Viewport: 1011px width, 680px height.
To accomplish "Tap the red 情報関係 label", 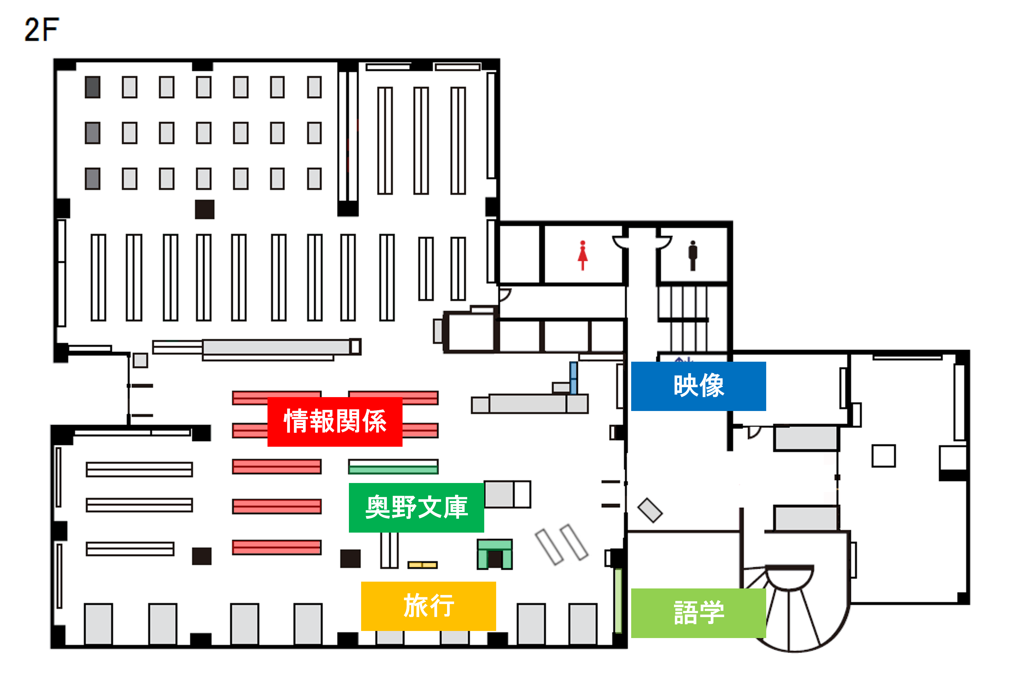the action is click(334, 421).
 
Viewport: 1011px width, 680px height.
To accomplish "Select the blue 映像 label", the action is click(698, 386).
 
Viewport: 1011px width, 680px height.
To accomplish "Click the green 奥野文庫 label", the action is click(416, 507).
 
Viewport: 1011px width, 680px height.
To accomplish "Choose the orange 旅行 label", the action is click(428, 606).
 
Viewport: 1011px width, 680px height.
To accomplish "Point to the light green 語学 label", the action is click(698, 613).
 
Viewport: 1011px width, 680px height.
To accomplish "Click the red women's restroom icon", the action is click(582, 255).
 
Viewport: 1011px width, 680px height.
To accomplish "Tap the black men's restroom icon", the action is click(692, 255).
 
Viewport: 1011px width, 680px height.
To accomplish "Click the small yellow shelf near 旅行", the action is click(422, 565).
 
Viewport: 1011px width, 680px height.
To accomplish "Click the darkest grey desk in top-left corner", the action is click(92, 87).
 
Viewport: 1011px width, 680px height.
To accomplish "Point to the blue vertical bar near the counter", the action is click(573, 378).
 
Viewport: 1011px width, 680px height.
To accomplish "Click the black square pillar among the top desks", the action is click(204, 209).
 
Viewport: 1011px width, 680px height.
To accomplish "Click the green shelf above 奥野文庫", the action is click(393, 467).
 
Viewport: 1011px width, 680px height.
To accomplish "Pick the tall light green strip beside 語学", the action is click(618, 601).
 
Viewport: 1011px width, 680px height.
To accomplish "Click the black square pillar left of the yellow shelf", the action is click(350, 559).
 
